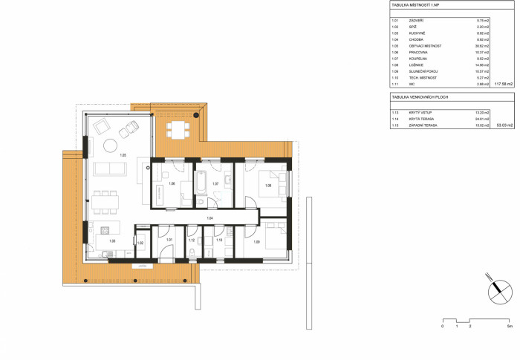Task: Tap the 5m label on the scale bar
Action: tap(510, 327)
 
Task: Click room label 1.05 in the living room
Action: tap(123, 154)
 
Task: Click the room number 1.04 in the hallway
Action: tap(210, 218)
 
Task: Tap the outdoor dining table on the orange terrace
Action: tap(176, 129)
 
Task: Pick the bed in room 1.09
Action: tap(275, 235)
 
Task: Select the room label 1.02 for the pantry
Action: tap(140, 243)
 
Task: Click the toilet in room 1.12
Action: tap(192, 253)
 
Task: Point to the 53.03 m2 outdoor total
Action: tap(504, 125)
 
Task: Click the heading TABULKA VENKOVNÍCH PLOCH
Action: tap(420, 97)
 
